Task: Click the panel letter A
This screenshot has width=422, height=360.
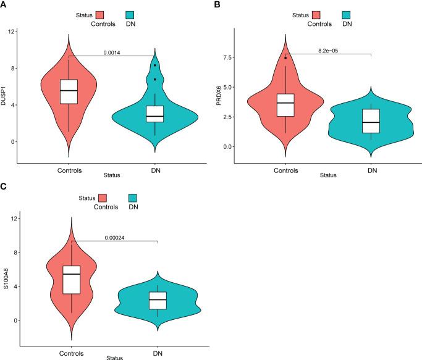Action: pyautogui.click(x=4, y=4)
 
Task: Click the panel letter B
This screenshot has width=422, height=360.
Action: pyautogui.click(x=217, y=4)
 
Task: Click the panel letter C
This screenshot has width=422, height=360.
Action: pyautogui.click(x=4, y=185)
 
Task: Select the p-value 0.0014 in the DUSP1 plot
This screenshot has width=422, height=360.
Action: pyautogui.click(x=111, y=53)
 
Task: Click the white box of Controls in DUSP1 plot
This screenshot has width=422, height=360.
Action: pyautogui.click(x=69, y=91)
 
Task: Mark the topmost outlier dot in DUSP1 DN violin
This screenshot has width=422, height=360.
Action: pyautogui.click(x=155, y=65)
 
